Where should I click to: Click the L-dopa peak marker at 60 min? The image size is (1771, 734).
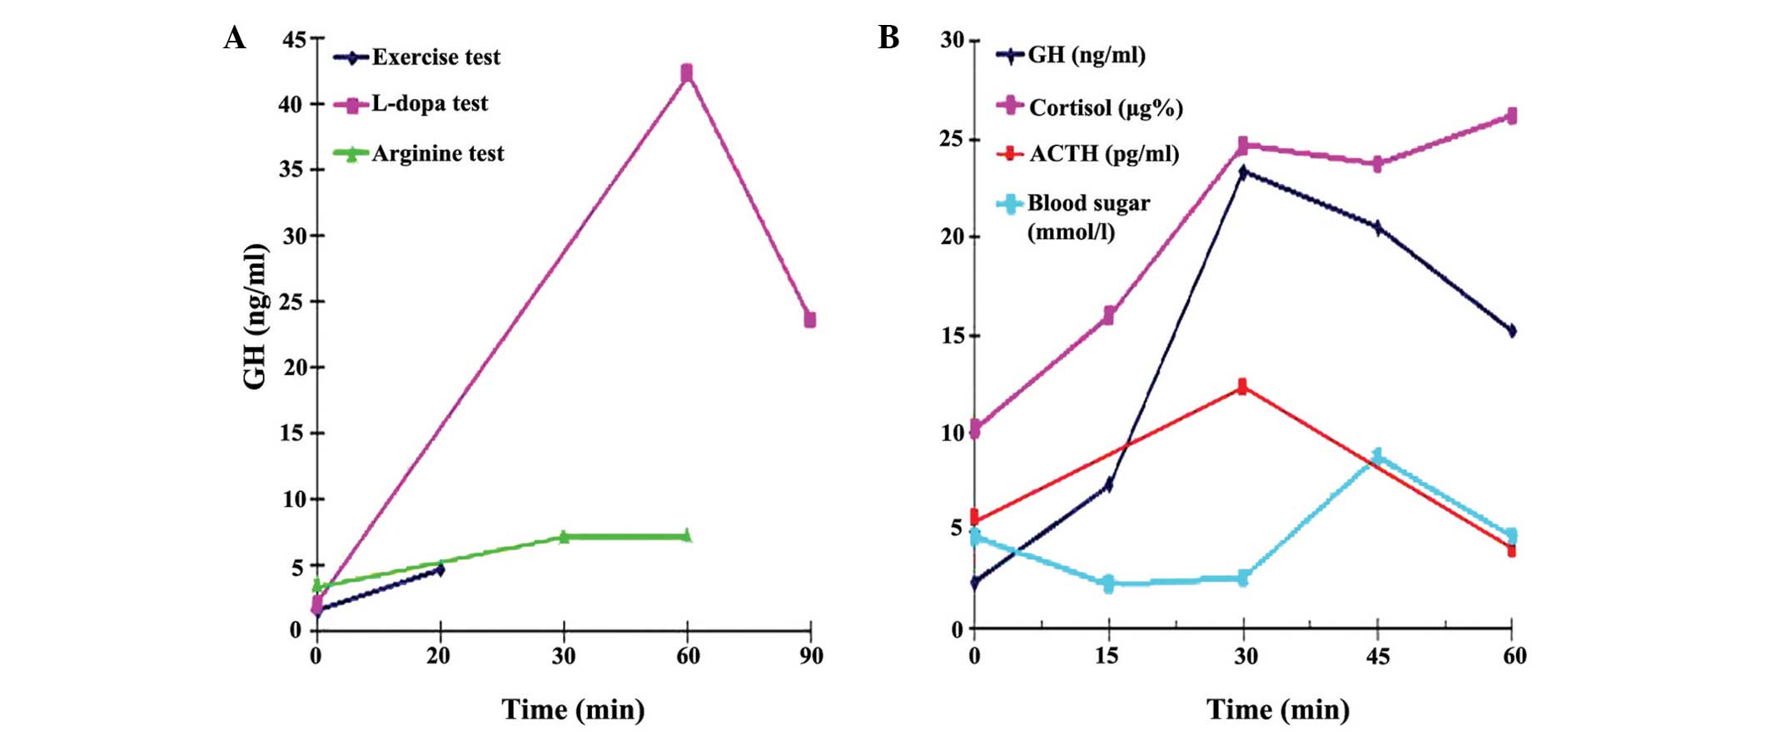pos(686,73)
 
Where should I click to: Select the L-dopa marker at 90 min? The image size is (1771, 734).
pos(809,320)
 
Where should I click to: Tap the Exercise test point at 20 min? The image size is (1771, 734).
pos(440,569)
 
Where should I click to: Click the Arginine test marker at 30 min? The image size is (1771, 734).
pos(564,537)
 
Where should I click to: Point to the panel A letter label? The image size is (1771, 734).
pos(235,38)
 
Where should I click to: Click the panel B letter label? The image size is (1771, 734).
pos(888,38)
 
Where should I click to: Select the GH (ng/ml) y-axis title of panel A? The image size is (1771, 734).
pos(255,316)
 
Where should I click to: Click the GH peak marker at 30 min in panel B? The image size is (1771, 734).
pos(1243,172)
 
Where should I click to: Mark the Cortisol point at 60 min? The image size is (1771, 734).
pos(1511,116)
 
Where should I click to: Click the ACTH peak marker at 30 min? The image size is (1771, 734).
pos(1242,386)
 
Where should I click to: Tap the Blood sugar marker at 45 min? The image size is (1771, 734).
pos(1377,456)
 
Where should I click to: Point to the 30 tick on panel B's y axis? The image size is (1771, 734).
pos(952,40)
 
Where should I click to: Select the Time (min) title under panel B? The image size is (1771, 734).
pos(1278,710)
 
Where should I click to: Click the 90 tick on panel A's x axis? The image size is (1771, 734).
pos(811,657)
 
